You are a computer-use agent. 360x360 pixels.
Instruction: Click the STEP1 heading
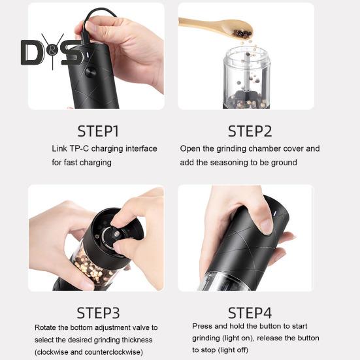[98, 131]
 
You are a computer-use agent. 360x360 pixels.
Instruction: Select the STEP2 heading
[250, 131]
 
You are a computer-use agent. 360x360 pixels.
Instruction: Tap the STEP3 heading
[98, 313]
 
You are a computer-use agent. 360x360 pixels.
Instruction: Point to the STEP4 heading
[250, 313]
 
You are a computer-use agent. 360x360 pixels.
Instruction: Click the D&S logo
[52, 52]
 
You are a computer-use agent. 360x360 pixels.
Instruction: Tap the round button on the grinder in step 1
[91, 72]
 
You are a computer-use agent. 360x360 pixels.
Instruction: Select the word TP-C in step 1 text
[79, 148]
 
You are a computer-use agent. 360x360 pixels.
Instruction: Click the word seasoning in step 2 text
[229, 163]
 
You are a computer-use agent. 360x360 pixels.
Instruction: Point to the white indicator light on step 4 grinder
[275, 213]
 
